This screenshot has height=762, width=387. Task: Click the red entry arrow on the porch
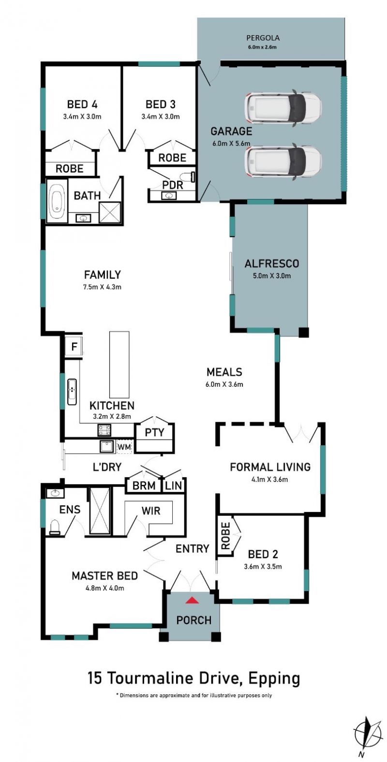tap(192, 600)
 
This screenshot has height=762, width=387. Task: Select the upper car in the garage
tap(283, 108)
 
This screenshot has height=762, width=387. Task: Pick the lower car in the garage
tap(283, 161)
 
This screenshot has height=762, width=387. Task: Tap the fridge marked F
tap(74, 347)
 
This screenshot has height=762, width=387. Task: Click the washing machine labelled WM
tap(124, 446)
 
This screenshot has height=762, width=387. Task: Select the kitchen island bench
tap(119, 364)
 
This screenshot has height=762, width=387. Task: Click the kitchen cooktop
tap(105, 430)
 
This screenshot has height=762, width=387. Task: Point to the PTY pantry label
tap(155, 432)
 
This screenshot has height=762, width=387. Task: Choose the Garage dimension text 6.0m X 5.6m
tap(231, 143)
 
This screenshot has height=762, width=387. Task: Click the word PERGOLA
tap(263, 38)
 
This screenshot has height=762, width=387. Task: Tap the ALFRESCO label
tap(272, 263)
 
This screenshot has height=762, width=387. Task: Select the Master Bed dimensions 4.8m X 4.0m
tap(104, 588)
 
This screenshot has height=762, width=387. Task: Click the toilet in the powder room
tap(188, 177)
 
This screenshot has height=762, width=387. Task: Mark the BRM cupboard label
tap(144, 485)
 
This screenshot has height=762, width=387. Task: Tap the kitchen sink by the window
tap(72, 392)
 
